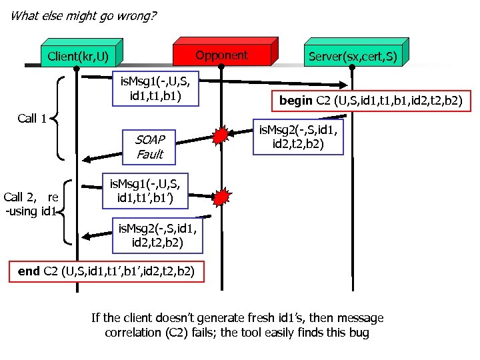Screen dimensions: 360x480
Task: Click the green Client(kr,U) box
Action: pyautogui.click(x=78, y=55)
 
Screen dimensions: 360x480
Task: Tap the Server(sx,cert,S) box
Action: pyautogui.click(x=353, y=55)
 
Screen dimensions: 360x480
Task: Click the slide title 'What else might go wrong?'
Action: pyautogui.click(x=84, y=15)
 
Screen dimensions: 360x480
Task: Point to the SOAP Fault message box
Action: pyautogui.click(x=150, y=147)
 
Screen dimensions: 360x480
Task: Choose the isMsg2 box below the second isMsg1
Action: pyautogui.click(x=156, y=237)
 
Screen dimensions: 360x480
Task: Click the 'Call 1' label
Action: pyautogui.click(x=32, y=119)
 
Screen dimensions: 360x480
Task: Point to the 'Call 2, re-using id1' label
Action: pyautogui.click(x=31, y=203)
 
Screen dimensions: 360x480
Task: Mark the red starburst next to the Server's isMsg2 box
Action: pyautogui.click(x=221, y=135)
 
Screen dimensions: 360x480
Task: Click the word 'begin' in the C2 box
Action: pyautogui.click(x=296, y=102)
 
